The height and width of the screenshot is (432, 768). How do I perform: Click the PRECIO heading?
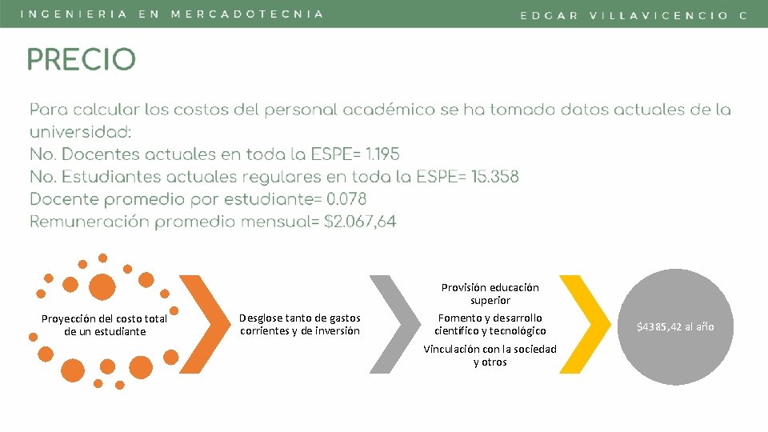coord(82,59)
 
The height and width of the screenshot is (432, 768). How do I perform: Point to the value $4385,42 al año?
coord(674,326)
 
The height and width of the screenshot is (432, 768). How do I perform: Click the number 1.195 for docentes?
coord(378,154)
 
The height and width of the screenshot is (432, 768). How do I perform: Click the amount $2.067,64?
coord(360,222)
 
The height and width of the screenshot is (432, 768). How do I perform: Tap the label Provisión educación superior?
coord(490,294)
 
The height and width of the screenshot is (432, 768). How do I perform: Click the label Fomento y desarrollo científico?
coord(490,324)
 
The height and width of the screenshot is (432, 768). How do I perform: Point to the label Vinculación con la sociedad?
coord(490,355)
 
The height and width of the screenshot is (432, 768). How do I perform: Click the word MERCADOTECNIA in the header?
coord(247,14)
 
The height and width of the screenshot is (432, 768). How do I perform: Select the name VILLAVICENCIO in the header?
coord(658,15)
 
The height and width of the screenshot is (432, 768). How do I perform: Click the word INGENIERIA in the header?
coord(73,14)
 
